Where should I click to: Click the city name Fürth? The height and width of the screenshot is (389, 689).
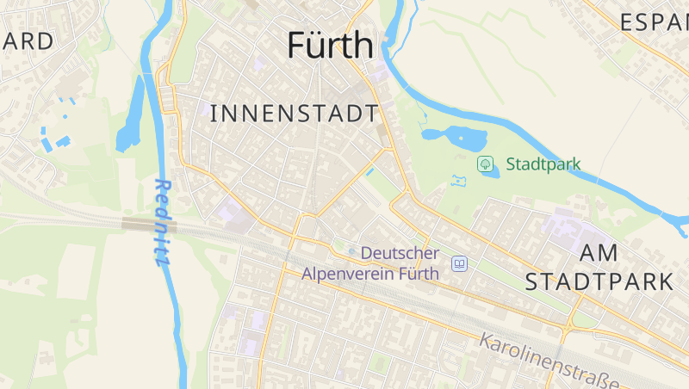coord(331,45)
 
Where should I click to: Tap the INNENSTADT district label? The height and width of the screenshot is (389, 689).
coord(294,113)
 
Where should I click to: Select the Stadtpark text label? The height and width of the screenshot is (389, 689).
coord(543,164)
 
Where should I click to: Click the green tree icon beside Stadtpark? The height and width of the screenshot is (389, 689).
coord(485,163)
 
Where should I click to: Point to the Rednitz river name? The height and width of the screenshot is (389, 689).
coord(161,222)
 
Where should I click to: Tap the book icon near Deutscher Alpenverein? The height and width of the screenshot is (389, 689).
coord(460,263)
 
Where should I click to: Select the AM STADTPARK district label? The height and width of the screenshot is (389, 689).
coord(599,267)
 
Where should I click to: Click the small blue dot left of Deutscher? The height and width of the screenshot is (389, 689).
coord(351,250)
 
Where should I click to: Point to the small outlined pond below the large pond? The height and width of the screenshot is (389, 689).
coord(458,182)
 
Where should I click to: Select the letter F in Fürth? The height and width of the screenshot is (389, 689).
coord(298,45)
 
